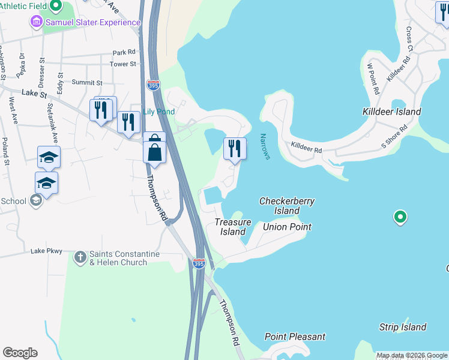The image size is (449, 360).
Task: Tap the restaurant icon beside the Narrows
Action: tap(235, 148)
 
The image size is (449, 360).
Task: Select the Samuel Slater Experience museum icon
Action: tap(36, 22)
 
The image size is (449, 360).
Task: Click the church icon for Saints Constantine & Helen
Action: tap(80, 258)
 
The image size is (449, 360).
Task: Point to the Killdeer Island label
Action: tap(391, 112)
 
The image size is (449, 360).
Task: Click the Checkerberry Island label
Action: tap(287, 206)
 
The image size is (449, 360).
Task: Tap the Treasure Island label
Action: tap(231, 227)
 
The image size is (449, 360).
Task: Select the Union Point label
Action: tap(287, 227)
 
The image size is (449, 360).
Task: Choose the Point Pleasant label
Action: tap(295, 337)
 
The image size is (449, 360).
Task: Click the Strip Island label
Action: tap(402, 327)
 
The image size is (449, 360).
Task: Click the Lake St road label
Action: tap(33, 93)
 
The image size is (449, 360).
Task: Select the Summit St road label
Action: tap(87, 83)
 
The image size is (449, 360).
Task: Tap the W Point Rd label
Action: tap(373, 79)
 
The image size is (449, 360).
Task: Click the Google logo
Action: tap(20, 353)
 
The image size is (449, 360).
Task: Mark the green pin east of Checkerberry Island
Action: tap(400, 217)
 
